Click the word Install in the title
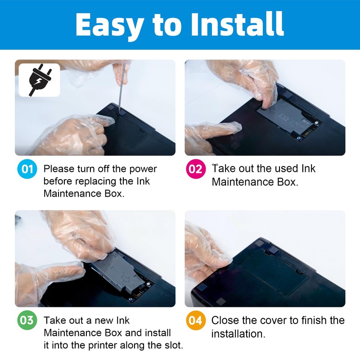(x=238, y=24)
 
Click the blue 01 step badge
(x=27, y=169)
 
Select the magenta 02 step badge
(x=196, y=169)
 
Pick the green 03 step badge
(x=27, y=320)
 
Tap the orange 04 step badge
(x=196, y=320)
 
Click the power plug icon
(x=39, y=80)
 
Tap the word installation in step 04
(x=238, y=333)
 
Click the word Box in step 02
(x=288, y=182)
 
